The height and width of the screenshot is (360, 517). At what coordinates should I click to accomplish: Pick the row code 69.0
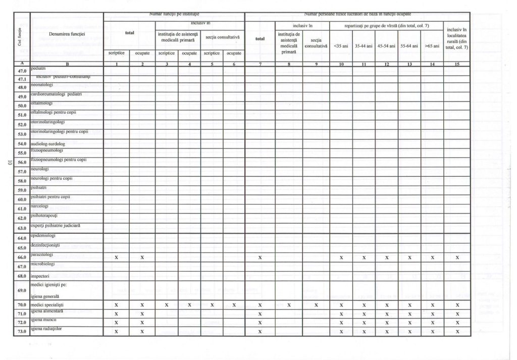(22, 291)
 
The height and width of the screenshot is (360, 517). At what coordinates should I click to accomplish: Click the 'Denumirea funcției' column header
(67, 34)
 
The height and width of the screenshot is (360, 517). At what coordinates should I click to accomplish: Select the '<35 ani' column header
(341, 46)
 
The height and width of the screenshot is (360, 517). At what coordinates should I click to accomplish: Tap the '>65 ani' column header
(432, 46)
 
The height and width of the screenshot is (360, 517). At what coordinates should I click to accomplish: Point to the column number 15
(457, 64)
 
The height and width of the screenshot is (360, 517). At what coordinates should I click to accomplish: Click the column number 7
(260, 64)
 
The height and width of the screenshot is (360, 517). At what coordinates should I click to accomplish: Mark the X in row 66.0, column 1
(116, 258)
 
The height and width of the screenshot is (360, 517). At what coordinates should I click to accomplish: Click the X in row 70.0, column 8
(288, 305)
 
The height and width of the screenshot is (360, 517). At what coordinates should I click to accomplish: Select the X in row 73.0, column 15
(457, 331)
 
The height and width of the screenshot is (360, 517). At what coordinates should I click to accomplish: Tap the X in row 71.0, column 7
(260, 314)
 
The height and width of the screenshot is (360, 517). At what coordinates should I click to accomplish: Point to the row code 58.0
(22, 181)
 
